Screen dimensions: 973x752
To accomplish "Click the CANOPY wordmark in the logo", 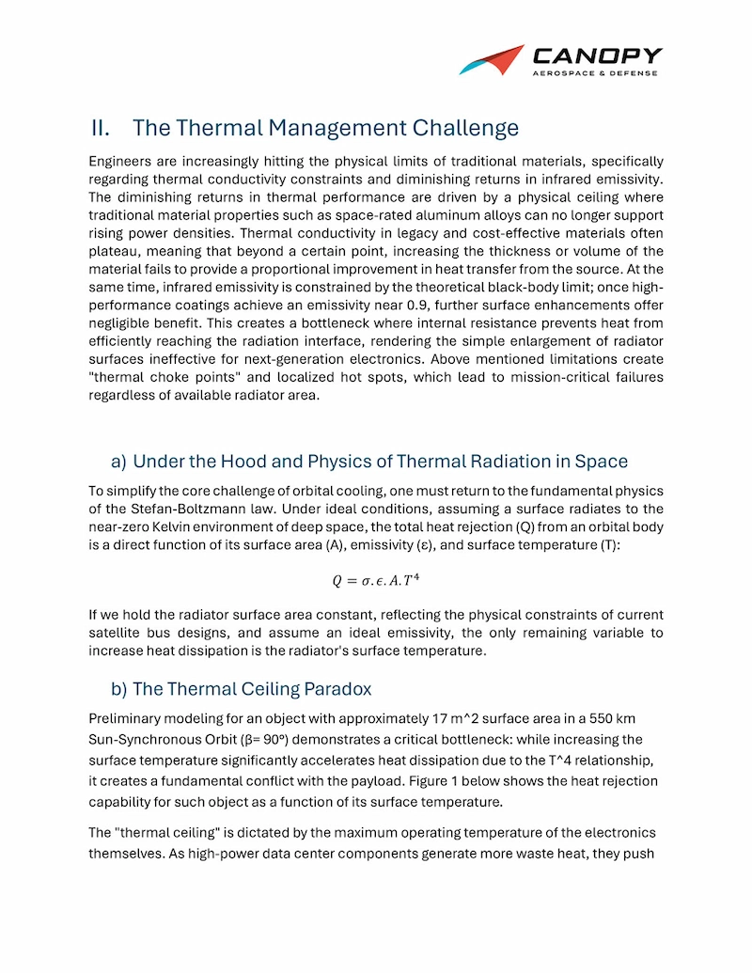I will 597,55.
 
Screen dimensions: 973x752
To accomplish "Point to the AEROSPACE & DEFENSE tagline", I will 595,73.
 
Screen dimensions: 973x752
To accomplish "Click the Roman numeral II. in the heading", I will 102,128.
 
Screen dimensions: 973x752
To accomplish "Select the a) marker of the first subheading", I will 118,462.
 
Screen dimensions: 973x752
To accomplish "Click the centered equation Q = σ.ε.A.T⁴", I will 376,580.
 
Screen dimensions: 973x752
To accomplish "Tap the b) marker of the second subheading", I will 118,689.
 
